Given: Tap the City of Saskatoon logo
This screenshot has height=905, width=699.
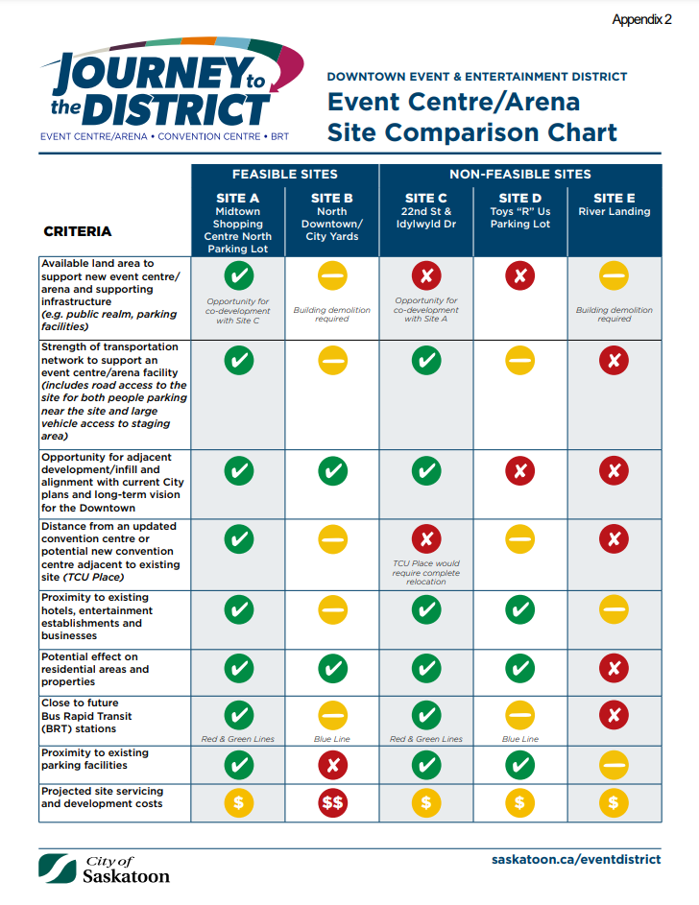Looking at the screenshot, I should pos(105,869).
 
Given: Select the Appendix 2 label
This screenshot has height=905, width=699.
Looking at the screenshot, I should pos(641,19).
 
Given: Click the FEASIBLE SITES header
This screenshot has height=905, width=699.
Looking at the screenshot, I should pos(284,175).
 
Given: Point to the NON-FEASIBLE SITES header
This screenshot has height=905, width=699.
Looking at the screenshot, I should pos(519,175).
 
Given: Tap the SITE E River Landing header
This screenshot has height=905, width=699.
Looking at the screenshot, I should pos(614,204).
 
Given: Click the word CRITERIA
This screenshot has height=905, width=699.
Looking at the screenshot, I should pos(78,231).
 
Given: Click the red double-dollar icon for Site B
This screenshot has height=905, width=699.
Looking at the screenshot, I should pos(332,802).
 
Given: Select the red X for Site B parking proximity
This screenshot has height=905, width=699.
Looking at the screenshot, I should pos(332,765).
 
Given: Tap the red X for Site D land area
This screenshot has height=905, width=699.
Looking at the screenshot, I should pos(519,276).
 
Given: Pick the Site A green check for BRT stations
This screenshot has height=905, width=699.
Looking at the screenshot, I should pos(238,715).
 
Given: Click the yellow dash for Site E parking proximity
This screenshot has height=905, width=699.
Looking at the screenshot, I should pos(614,765).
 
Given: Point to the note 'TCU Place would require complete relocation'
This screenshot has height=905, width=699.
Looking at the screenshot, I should pos(426,572).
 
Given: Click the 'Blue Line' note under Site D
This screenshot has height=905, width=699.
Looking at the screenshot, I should pos(519,739).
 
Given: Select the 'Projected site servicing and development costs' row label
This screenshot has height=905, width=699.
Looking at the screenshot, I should pos(102,798).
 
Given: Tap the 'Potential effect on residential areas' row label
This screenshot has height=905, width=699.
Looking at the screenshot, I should pos(95,669).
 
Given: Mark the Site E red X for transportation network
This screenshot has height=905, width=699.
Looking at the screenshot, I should pos(614,361).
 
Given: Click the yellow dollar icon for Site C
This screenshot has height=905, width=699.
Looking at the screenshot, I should pos(426,802).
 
